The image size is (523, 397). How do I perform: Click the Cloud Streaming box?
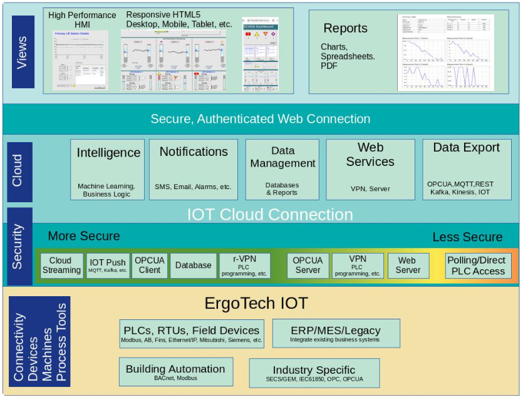pos(61,266)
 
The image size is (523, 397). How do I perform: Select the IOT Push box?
pos(108,266)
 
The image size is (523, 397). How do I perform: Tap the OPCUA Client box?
pos(150,266)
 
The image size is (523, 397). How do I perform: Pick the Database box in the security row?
pos(193,266)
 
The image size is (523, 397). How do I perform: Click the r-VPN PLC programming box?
pos(245,266)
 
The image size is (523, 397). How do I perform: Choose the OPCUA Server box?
pos(308,266)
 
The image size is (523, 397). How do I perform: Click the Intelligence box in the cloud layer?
pos(108,170)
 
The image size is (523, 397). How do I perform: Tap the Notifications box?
pos(194,170)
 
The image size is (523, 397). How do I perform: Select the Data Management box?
pos(282,170)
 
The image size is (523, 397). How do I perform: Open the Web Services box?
pos(370,170)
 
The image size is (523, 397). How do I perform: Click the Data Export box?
pos(467,170)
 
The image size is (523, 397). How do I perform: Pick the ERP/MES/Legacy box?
pos(336,333)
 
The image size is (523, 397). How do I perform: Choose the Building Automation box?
pos(175,371)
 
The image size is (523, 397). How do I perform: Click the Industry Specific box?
pos(314,373)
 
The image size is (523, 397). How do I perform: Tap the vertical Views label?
pos(23,53)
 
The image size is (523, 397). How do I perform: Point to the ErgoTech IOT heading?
pos(256,304)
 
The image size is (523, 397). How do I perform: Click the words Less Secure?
pos(467,237)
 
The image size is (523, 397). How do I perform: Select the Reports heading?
pos(345,29)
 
